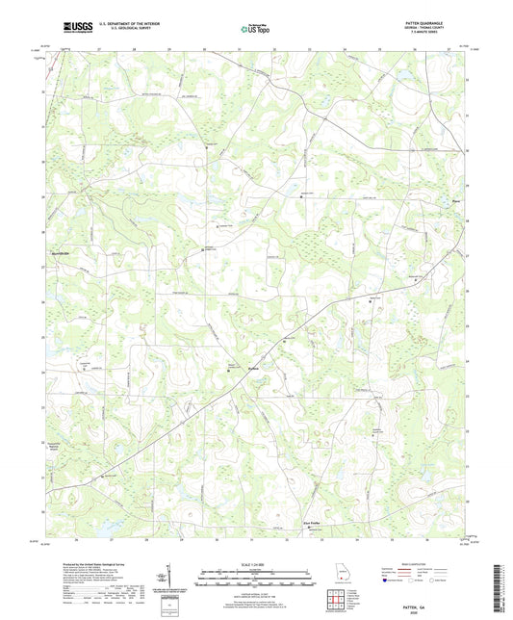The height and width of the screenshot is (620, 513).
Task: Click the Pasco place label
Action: point(458,201)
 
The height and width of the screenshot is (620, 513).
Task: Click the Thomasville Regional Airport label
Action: point(61,449)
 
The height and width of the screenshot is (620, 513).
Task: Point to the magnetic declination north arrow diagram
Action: point(168,578)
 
